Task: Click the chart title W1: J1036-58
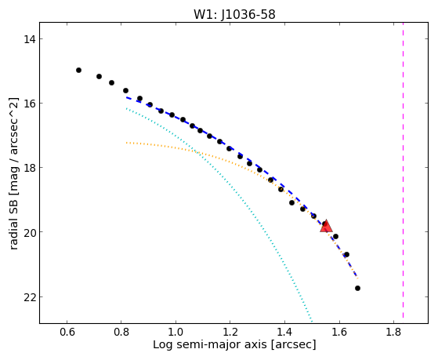click(234, 14)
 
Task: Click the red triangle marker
click(326, 227)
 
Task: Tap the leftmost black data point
click(79, 70)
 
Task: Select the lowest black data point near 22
click(357, 288)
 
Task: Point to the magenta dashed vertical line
click(403, 170)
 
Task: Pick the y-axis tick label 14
click(29, 39)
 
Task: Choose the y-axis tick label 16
click(29, 104)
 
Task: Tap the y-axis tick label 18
click(29, 168)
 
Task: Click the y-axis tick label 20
click(29, 232)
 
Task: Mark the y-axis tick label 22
click(29, 296)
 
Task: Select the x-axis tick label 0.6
click(67, 332)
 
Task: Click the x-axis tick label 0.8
click(121, 332)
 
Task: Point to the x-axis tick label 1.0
click(176, 332)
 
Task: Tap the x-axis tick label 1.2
click(230, 332)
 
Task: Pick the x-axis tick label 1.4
click(284, 332)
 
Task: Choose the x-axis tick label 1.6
click(338, 332)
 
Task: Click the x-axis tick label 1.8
click(393, 332)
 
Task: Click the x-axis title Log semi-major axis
click(210, 345)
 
